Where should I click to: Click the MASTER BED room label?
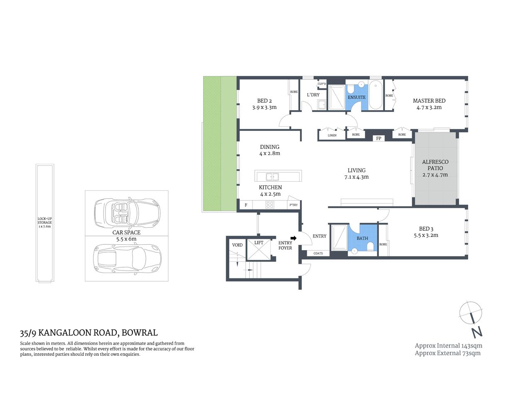[429, 101]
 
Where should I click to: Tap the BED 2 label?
[264, 101]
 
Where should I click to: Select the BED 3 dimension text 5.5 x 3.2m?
[426, 235]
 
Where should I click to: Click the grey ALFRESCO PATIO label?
[435, 165]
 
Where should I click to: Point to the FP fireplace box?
[378, 138]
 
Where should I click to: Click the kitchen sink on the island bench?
[272, 177]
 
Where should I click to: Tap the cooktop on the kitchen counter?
[270, 204]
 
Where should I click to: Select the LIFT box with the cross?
[258, 249]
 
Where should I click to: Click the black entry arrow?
[293, 238]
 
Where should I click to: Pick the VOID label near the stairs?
[237, 245]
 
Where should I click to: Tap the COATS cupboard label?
[318, 253]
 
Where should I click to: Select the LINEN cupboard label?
[332, 135]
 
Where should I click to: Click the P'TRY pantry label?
[293, 205]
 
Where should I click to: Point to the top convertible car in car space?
[127, 213]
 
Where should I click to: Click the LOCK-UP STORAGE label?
[44, 222]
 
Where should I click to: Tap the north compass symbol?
[471, 313]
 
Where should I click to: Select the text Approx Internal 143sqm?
[448, 345]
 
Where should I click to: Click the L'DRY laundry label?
[313, 95]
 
